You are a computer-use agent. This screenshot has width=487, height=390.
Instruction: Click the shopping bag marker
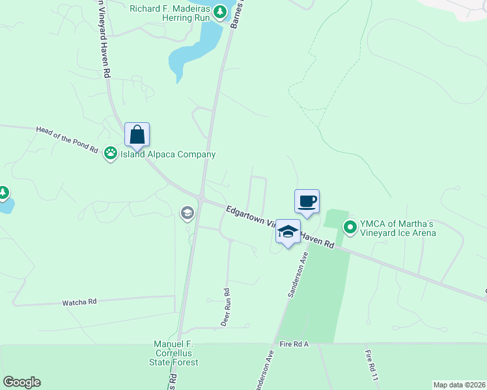click(x=137, y=135)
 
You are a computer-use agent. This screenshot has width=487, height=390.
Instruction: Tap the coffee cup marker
click(x=307, y=201)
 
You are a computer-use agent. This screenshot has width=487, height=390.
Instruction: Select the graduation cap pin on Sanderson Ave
click(x=288, y=231)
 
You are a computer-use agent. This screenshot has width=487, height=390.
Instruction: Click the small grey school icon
click(x=187, y=213)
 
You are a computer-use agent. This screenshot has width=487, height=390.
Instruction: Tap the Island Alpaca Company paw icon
click(x=111, y=153)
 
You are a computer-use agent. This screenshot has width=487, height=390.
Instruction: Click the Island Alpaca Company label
click(x=167, y=154)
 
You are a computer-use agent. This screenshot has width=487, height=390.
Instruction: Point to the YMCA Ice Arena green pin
click(x=350, y=227)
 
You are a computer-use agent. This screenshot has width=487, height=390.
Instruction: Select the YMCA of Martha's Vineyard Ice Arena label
click(x=398, y=227)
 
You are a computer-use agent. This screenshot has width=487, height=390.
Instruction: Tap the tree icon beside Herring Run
click(x=221, y=10)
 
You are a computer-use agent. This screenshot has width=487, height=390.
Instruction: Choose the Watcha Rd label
click(x=79, y=302)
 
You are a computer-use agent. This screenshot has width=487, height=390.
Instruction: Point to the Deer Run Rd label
click(x=226, y=307)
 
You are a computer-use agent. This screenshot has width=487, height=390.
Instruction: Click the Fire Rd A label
click(x=294, y=344)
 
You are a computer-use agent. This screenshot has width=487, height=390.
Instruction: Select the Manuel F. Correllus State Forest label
click(x=175, y=353)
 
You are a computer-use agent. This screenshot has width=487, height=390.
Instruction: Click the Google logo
click(x=21, y=382)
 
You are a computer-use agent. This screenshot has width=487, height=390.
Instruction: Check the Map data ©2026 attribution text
click(x=459, y=385)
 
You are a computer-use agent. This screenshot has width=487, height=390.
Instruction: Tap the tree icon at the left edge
click(x=3, y=192)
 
